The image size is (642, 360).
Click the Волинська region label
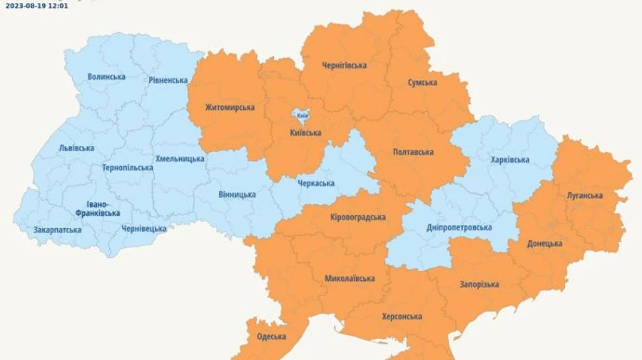coord(106,77)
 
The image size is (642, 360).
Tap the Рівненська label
coord(168,81)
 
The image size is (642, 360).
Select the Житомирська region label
coord(230,108)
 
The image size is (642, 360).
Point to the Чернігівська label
coord(344,66)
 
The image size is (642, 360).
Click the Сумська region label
coord(422,83)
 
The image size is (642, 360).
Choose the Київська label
coord(305,133)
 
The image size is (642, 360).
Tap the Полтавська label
coord(413,153)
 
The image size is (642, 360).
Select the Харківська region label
coord(510,160)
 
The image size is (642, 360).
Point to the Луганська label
coord(585,195)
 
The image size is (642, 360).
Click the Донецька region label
coord(544,244)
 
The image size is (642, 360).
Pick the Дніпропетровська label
coord(459,227)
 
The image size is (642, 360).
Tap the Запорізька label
coord(479,284)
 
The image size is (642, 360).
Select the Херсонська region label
coord(402,317)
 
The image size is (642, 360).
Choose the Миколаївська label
coord(350,278)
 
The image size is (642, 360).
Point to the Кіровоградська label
coord(358,217)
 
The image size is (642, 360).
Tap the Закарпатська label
coord(57,230)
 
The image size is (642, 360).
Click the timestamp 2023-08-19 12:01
coord(37,5)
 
